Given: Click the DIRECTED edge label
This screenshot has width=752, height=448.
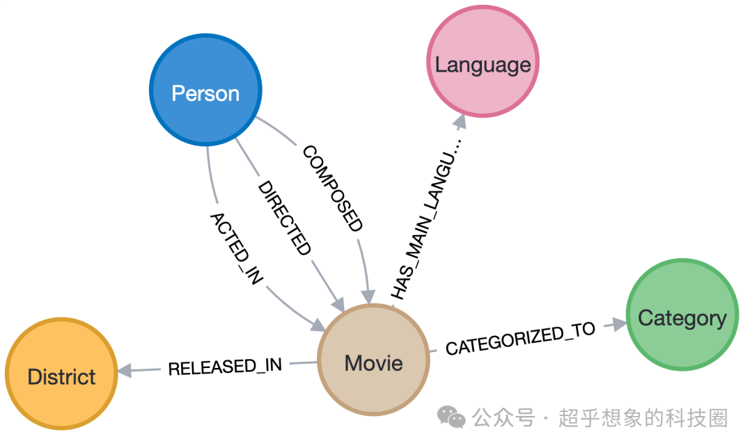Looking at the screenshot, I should point(284,218).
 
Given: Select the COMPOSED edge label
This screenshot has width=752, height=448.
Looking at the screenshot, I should point(332,189).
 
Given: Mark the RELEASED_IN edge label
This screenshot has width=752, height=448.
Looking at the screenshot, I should point(225,366).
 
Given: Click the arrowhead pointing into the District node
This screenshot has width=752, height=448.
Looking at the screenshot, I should point(126,371).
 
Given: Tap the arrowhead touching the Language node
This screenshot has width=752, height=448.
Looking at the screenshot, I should point(459,122).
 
